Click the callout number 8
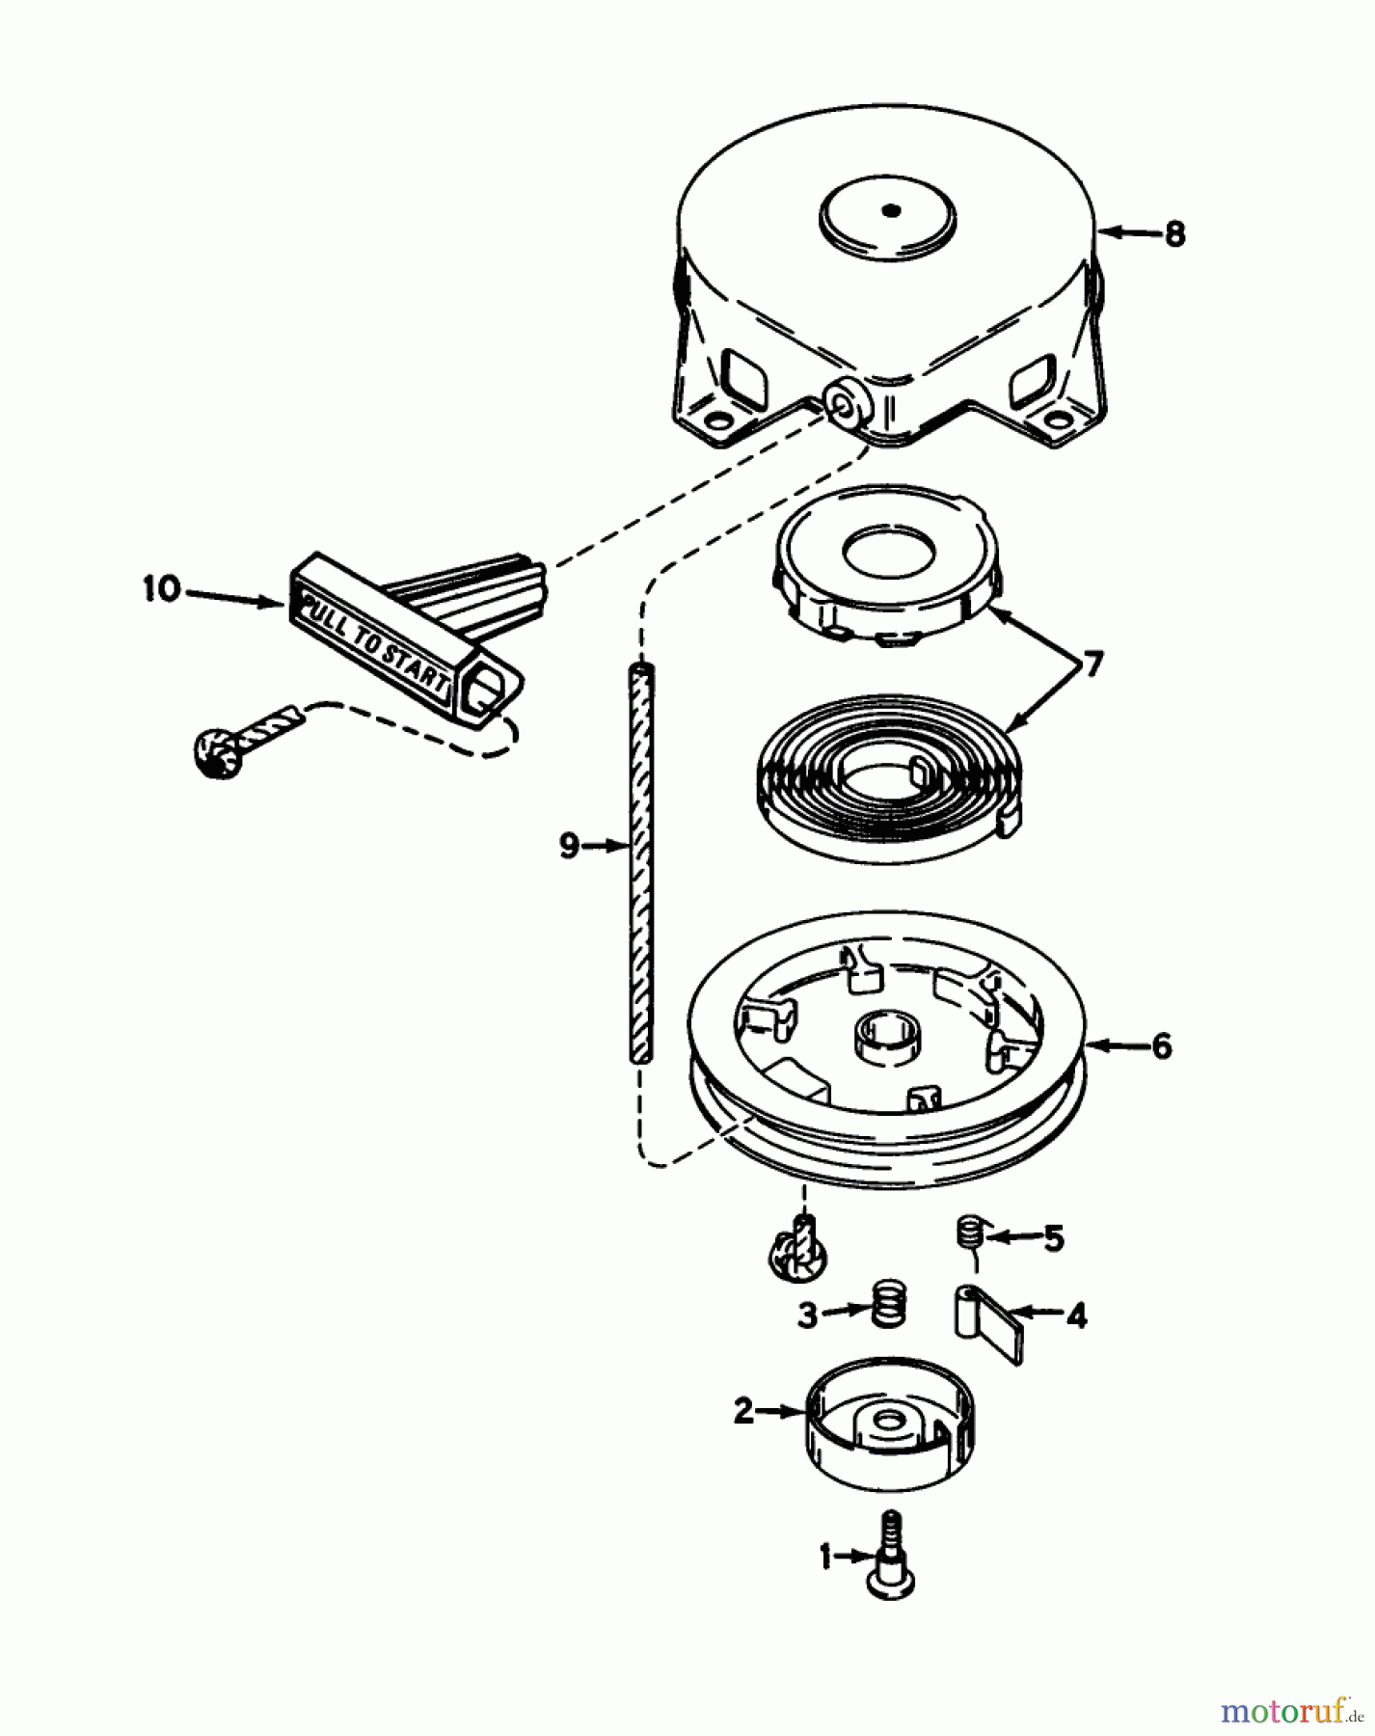pos(1173,233)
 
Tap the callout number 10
pos(162,589)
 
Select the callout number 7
pos(1092,665)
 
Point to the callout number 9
pos(569,846)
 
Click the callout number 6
pos(1162,1045)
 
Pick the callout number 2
pos(743,1412)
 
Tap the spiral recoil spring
pos(882,783)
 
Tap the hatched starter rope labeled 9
pos(640,863)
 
